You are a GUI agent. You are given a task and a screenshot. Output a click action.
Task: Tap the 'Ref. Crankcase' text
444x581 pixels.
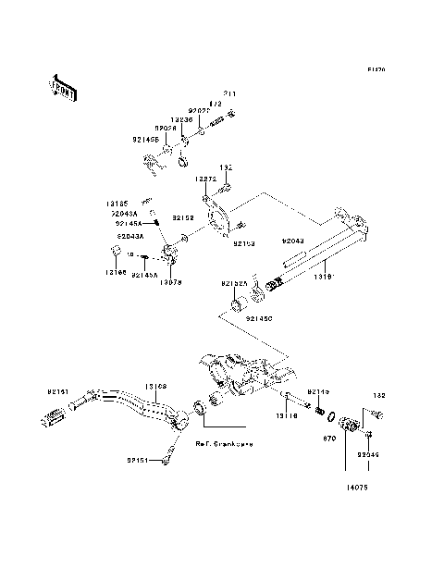click(x=224, y=443)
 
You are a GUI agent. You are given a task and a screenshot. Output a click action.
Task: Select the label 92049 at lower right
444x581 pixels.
click(x=368, y=455)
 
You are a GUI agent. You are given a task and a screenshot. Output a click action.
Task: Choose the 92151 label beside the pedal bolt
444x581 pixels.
click(x=139, y=458)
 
